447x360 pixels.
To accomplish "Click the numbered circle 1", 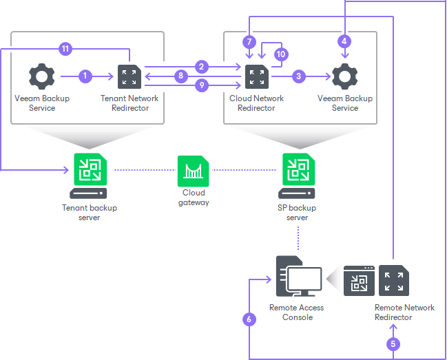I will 85,76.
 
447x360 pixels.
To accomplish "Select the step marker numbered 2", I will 201,67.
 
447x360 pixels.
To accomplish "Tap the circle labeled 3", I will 298,76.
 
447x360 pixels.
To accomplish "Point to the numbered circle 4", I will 344,41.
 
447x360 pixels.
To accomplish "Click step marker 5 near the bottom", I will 393,342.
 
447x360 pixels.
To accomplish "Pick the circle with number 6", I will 249,319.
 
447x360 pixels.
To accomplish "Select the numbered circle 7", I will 249,42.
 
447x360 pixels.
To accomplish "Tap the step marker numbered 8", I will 181,76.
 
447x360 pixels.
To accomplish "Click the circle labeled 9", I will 201,85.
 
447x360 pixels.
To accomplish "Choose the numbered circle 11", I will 66,49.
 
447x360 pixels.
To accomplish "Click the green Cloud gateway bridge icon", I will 193,171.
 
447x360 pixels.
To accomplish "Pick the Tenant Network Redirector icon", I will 129,76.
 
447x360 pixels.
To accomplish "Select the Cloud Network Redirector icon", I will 256,76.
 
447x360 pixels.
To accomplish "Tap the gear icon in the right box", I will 344,76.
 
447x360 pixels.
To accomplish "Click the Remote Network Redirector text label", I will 404,313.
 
